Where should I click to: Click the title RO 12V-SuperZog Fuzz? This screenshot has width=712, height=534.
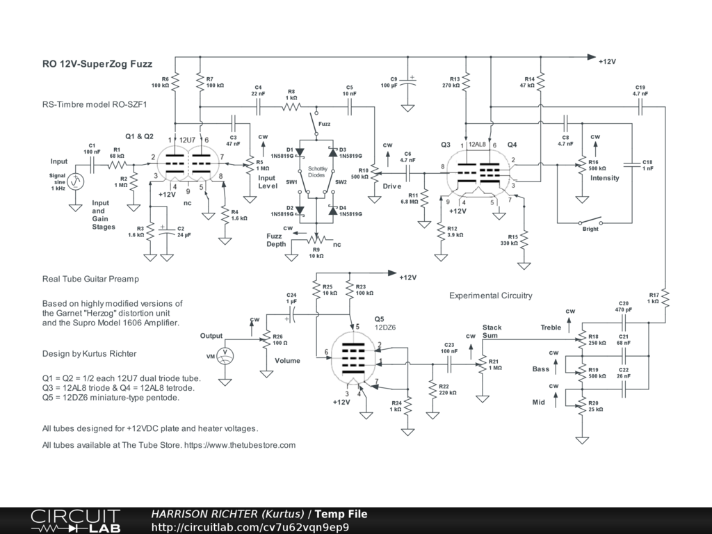pos(97,64)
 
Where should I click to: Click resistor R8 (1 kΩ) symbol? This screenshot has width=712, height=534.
pos(291,107)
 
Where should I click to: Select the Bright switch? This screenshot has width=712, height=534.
pos(590,222)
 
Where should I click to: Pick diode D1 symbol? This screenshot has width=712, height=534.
pos(300,152)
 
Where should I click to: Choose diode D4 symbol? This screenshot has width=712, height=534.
pos(333,210)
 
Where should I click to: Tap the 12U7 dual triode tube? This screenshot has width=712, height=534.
pos(188,164)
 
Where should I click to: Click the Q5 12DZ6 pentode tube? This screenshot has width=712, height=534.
pos(353,359)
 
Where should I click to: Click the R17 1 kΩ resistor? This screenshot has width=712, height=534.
pos(665,298)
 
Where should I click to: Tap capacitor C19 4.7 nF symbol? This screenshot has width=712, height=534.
pos(640,107)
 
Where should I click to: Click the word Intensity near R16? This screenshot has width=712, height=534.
pos(604,178)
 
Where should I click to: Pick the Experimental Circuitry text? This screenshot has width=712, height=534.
pos(490,296)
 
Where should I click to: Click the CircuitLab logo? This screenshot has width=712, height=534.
pos(75,521)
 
